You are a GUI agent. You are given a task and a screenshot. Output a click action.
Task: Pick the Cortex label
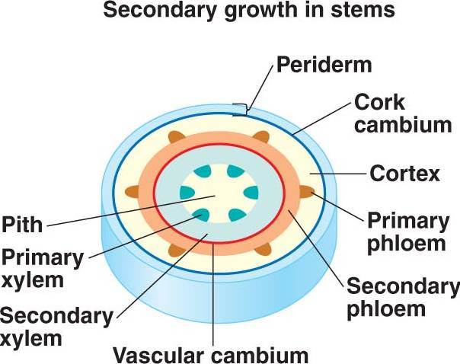[x=404, y=174]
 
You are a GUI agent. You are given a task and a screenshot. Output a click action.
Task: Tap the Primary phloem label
[x=407, y=232]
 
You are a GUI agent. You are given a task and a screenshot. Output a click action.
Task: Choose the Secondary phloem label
[x=403, y=298]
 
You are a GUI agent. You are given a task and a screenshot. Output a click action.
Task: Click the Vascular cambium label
[x=210, y=354]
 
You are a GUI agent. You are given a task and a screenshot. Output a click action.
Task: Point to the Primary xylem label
[x=42, y=267]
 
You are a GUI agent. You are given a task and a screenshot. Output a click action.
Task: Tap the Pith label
[x=22, y=225]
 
